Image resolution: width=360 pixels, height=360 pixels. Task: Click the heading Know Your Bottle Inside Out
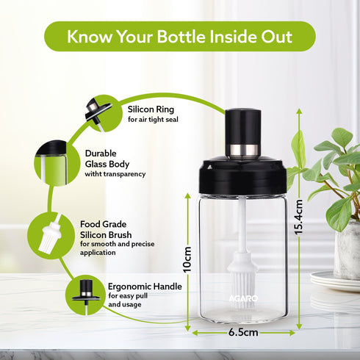(179, 36)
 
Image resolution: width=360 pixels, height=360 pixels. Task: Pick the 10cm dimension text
(187, 260)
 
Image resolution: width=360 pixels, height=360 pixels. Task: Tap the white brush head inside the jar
(242, 273)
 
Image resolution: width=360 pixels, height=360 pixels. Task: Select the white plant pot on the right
(347, 250)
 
